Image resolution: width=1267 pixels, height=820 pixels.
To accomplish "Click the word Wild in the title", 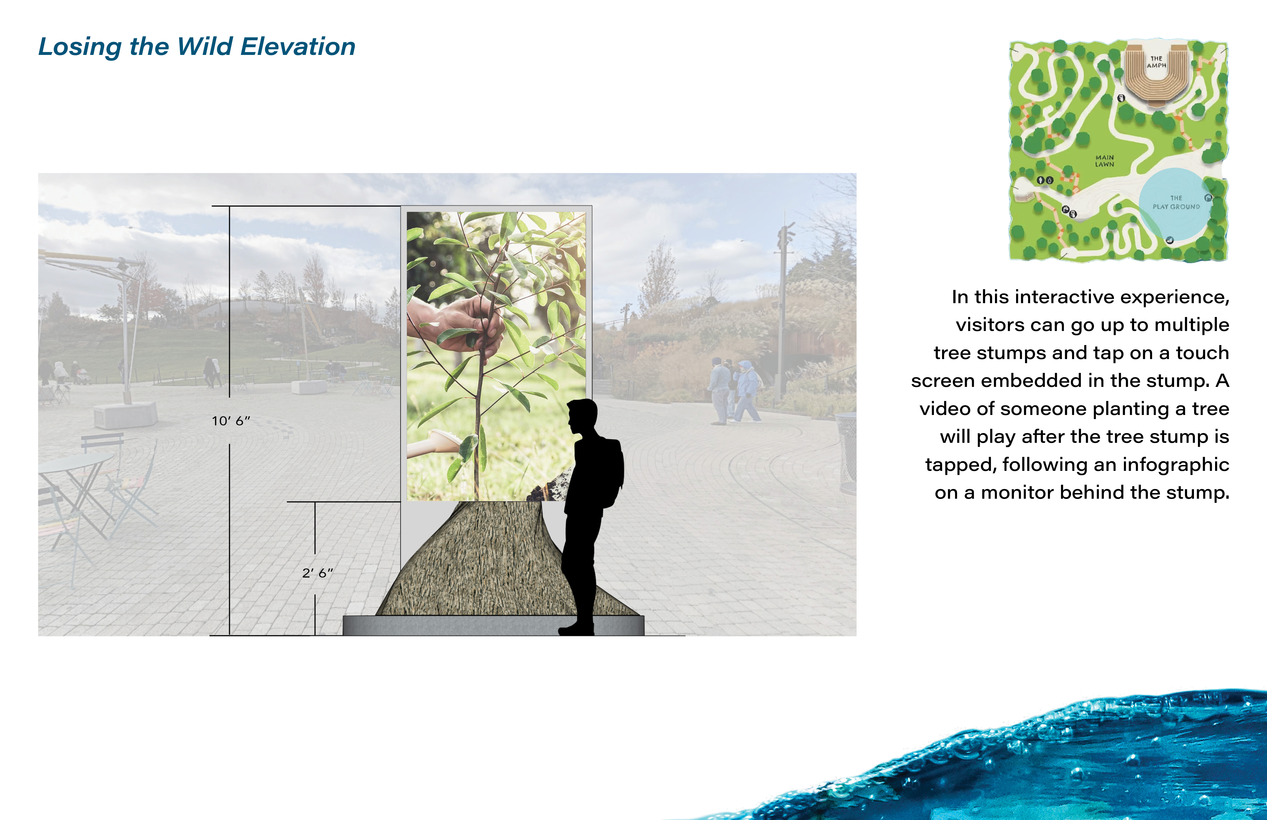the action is pyautogui.click(x=205, y=47).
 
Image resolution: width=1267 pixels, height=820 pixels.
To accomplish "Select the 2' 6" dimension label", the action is pyautogui.click(x=317, y=573).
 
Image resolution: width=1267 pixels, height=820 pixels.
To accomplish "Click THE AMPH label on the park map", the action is pyautogui.click(x=1156, y=62).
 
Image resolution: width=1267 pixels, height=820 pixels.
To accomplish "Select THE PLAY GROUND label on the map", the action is pyautogui.click(x=1177, y=202).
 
